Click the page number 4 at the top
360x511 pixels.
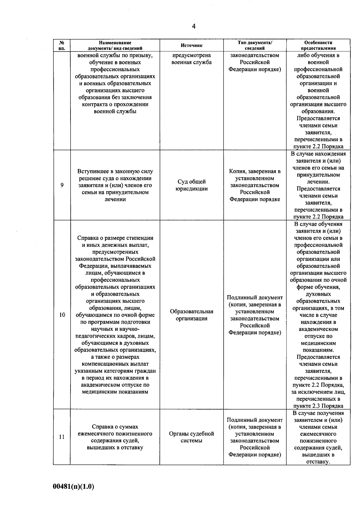[193, 27]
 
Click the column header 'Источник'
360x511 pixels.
[191, 46]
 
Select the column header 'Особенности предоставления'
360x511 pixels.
[318, 45]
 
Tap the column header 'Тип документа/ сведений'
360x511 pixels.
[254, 45]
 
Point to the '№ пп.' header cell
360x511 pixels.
[62, 45]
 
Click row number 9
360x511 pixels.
[62, 185]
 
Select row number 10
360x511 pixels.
[62, 315]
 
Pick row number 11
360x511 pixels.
[62, 437]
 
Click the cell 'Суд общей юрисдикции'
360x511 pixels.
[191, 185]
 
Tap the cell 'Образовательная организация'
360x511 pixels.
[191, 315]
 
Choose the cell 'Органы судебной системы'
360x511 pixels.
[191, 437]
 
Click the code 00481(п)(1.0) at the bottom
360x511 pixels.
[73, 487]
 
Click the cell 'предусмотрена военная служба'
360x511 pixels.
[191, 59]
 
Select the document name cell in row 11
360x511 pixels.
[115, 437]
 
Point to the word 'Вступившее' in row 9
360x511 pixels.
[90, 171]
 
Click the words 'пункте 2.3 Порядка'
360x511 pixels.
[318, 406]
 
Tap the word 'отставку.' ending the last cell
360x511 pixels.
[318, 462]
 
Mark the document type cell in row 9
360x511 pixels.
[254, 185]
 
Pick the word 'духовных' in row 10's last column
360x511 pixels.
[318, 294]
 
